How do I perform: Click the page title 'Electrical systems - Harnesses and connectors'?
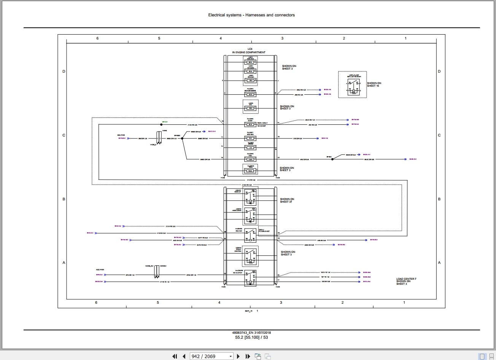[251, 15]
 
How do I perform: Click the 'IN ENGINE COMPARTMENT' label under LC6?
[249, 52]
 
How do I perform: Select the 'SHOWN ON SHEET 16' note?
[374, 84]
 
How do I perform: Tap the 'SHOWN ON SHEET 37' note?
[287, 200]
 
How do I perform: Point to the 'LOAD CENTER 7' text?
[406, 279]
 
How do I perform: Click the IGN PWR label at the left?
[121, 135]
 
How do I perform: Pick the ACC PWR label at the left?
[100, 270]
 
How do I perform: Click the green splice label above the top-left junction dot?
[165, 122]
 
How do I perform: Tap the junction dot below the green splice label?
[161, 125]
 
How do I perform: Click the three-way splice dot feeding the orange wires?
[183, 139]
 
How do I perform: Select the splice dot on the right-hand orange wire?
[332, 159]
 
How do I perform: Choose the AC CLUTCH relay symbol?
[250, 278]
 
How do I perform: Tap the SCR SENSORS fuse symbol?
[250, 94]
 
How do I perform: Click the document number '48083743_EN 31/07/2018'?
[251, 333]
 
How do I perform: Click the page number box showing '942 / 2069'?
[211, 356]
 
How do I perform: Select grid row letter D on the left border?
[64, 71]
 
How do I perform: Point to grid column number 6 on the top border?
[97, 38]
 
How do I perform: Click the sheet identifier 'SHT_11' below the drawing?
[249, 311]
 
